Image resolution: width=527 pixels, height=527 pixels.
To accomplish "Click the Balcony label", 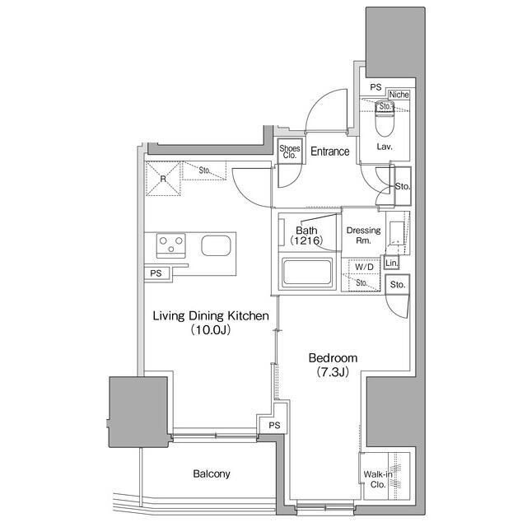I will (x=212, y=474).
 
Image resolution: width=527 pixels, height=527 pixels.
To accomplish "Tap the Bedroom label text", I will (x=333, y=358).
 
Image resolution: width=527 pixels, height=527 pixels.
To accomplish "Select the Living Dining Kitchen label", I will (x=211, y=315).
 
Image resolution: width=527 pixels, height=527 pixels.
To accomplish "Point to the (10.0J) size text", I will (x=211, y=330).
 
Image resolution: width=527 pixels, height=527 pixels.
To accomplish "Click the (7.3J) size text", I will (x=333, y=373).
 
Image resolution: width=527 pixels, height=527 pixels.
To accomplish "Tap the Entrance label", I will (x=330, y=152).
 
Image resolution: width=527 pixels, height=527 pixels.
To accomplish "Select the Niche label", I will (x=399, y=95).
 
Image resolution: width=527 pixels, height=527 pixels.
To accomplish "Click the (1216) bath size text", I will (x=305, y=240).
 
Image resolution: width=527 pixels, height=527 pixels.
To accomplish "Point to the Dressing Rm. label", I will (x=363, y=236).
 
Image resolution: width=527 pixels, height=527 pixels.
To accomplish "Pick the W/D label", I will (x=363, y=268).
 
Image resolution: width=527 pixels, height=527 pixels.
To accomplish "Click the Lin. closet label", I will (x=392, y=263).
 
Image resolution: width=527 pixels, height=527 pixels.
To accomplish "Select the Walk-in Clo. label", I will (x=375, y=479).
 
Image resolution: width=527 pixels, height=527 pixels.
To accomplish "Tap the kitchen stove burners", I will (x=172, y=245).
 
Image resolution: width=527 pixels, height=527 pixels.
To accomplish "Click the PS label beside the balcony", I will (x=274, y=426).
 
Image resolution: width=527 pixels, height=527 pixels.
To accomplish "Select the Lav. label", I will (x=384, y=147).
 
